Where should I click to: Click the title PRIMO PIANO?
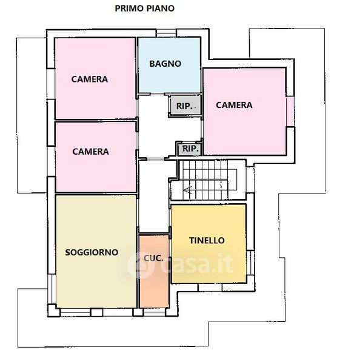click(144, 8)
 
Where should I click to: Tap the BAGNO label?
click(165, 64)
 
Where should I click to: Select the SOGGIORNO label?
click(92, 252)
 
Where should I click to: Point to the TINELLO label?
click(207, 240)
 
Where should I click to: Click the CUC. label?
click(153, 258)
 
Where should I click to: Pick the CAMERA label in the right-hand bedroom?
click(234, 105)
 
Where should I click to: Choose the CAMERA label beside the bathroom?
click(90, 79)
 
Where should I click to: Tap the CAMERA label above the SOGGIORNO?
click(90, 152)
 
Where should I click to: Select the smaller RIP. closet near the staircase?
click(190, 149)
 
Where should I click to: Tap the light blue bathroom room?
click(169, 65)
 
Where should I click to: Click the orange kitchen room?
click(154, 271)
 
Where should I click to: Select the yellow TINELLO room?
click(208, 243)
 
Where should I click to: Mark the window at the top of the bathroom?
click(166, 33)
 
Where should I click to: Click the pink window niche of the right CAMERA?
click(290, 112)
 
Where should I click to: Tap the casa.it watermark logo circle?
click(141, 265)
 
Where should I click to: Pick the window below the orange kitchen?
click(155, 312)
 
